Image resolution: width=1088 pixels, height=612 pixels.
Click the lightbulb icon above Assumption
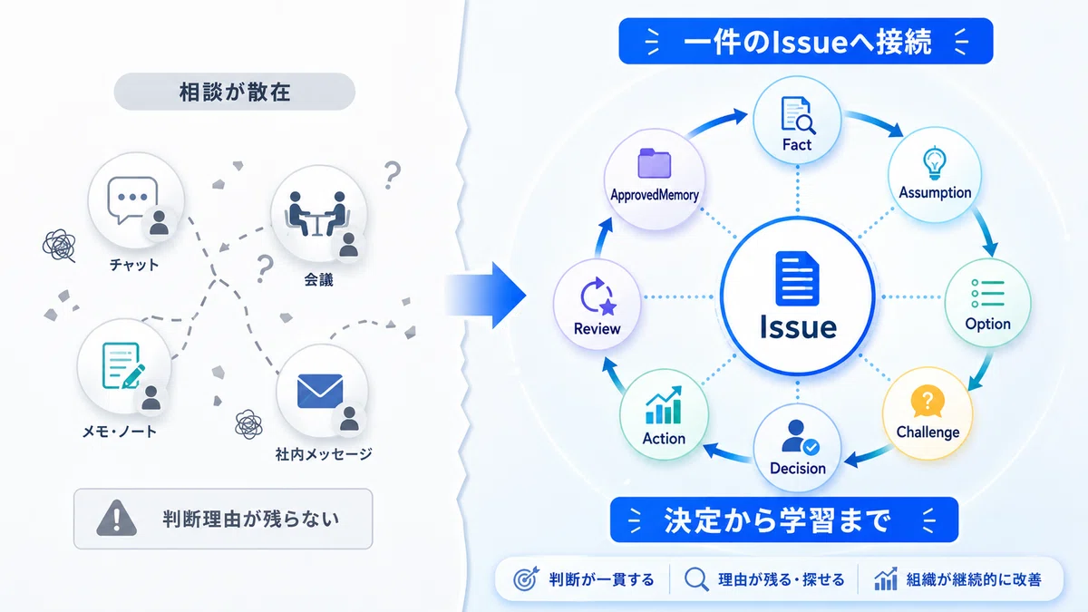point(935,162)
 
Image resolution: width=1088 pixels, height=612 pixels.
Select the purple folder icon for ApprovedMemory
point(655,163)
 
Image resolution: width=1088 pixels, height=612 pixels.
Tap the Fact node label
point(797,145)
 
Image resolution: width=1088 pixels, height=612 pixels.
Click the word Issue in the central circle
point(798,327)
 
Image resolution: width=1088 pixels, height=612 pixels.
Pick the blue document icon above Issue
point(798,278)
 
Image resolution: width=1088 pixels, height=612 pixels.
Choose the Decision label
point(798,468)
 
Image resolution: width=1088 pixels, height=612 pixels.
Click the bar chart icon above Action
point(664,405)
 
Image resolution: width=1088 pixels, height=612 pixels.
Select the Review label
point(597,329)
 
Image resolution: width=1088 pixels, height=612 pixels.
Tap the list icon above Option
point(987,294)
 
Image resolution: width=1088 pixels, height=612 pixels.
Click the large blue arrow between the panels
point(485,295)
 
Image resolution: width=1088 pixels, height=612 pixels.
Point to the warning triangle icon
point(117,518)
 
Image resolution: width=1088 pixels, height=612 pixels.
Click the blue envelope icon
point(319,391)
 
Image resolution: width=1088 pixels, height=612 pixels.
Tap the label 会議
point(318,280)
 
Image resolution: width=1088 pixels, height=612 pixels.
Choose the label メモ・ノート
point(120,431)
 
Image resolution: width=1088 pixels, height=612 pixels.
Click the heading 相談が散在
point(235,92)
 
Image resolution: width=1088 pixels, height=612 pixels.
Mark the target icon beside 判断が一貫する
point(526,578)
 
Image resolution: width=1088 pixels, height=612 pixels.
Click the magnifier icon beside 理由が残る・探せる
point(696,579)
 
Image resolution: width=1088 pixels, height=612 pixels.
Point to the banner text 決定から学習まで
point(777,520)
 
